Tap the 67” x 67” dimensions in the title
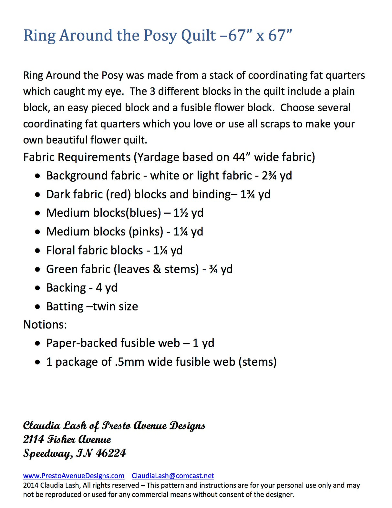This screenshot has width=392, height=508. coord(260,36)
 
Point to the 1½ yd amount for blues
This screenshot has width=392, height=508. coord(188,213)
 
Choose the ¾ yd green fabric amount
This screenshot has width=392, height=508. coord(221,269)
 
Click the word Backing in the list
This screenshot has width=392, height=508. coord(66,288)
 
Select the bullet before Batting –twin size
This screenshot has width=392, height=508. coord(38,307)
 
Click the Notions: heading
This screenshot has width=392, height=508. coord(45,324)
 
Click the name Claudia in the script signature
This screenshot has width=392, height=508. coord(41,426)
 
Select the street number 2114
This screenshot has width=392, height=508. coord(34,439)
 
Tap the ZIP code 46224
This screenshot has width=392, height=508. coord(111,453)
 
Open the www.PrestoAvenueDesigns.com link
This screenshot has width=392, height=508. coord(74,476)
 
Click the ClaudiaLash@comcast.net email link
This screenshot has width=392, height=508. coord(173,476)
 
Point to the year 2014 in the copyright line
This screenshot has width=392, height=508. coord(31,485)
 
